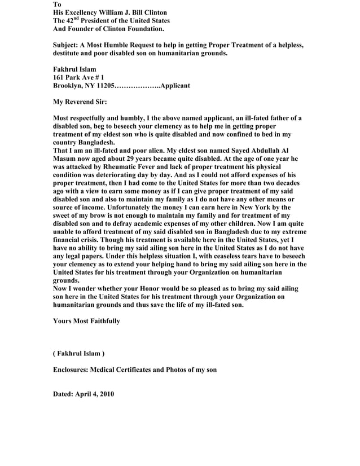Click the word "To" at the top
coord(57,4)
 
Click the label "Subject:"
coord(67,45)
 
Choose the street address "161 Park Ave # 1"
coord(78,77)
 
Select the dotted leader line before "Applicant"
coord(137,86)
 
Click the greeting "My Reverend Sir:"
coord(80,103)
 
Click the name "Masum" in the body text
coord(64,160)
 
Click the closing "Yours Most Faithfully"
coord(86,321)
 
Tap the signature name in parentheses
coord(78,354)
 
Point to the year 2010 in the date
coord(106,394)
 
